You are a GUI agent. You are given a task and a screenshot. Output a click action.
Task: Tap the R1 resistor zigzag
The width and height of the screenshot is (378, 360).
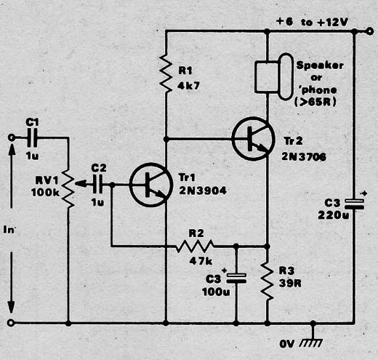(x=166, y=73)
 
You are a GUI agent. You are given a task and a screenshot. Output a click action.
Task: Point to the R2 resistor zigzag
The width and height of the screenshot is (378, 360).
(x=195, y=247)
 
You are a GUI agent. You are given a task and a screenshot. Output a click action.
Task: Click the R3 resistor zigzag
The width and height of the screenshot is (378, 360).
(x=267, y=281)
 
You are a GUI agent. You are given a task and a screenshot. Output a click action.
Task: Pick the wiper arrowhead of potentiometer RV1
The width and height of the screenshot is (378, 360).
(x=80, y=184)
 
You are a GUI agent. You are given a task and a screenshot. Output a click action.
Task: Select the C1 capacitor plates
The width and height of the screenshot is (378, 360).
(x=32, y=137)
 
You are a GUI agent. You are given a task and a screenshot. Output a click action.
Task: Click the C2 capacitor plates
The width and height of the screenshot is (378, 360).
(x=97, y=184)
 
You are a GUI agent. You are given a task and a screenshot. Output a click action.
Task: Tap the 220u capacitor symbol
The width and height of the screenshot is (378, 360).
(x=354, y=204)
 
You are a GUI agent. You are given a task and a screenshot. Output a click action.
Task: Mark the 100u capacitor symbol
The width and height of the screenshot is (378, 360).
(x=236, y=278)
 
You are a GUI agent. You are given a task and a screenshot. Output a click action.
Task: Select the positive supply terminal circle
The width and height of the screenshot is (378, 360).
(x=370, y=31)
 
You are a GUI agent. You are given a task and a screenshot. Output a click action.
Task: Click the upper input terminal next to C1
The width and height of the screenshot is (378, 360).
(x=11, y=137)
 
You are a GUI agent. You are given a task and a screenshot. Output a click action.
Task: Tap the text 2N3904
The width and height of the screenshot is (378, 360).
(x=203, y=191)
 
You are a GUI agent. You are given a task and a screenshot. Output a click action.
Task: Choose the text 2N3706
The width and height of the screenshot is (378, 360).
(x=304, y=156)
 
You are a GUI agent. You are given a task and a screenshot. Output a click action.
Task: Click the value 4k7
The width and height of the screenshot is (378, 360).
(x=188, y=86)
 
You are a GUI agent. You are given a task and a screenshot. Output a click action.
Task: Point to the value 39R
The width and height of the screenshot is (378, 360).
(x=290, y=283)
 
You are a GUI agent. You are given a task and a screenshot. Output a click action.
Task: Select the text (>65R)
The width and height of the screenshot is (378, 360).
(x=315, y=102)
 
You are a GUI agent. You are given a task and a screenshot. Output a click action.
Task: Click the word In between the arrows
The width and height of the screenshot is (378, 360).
(x=9, y=229)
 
